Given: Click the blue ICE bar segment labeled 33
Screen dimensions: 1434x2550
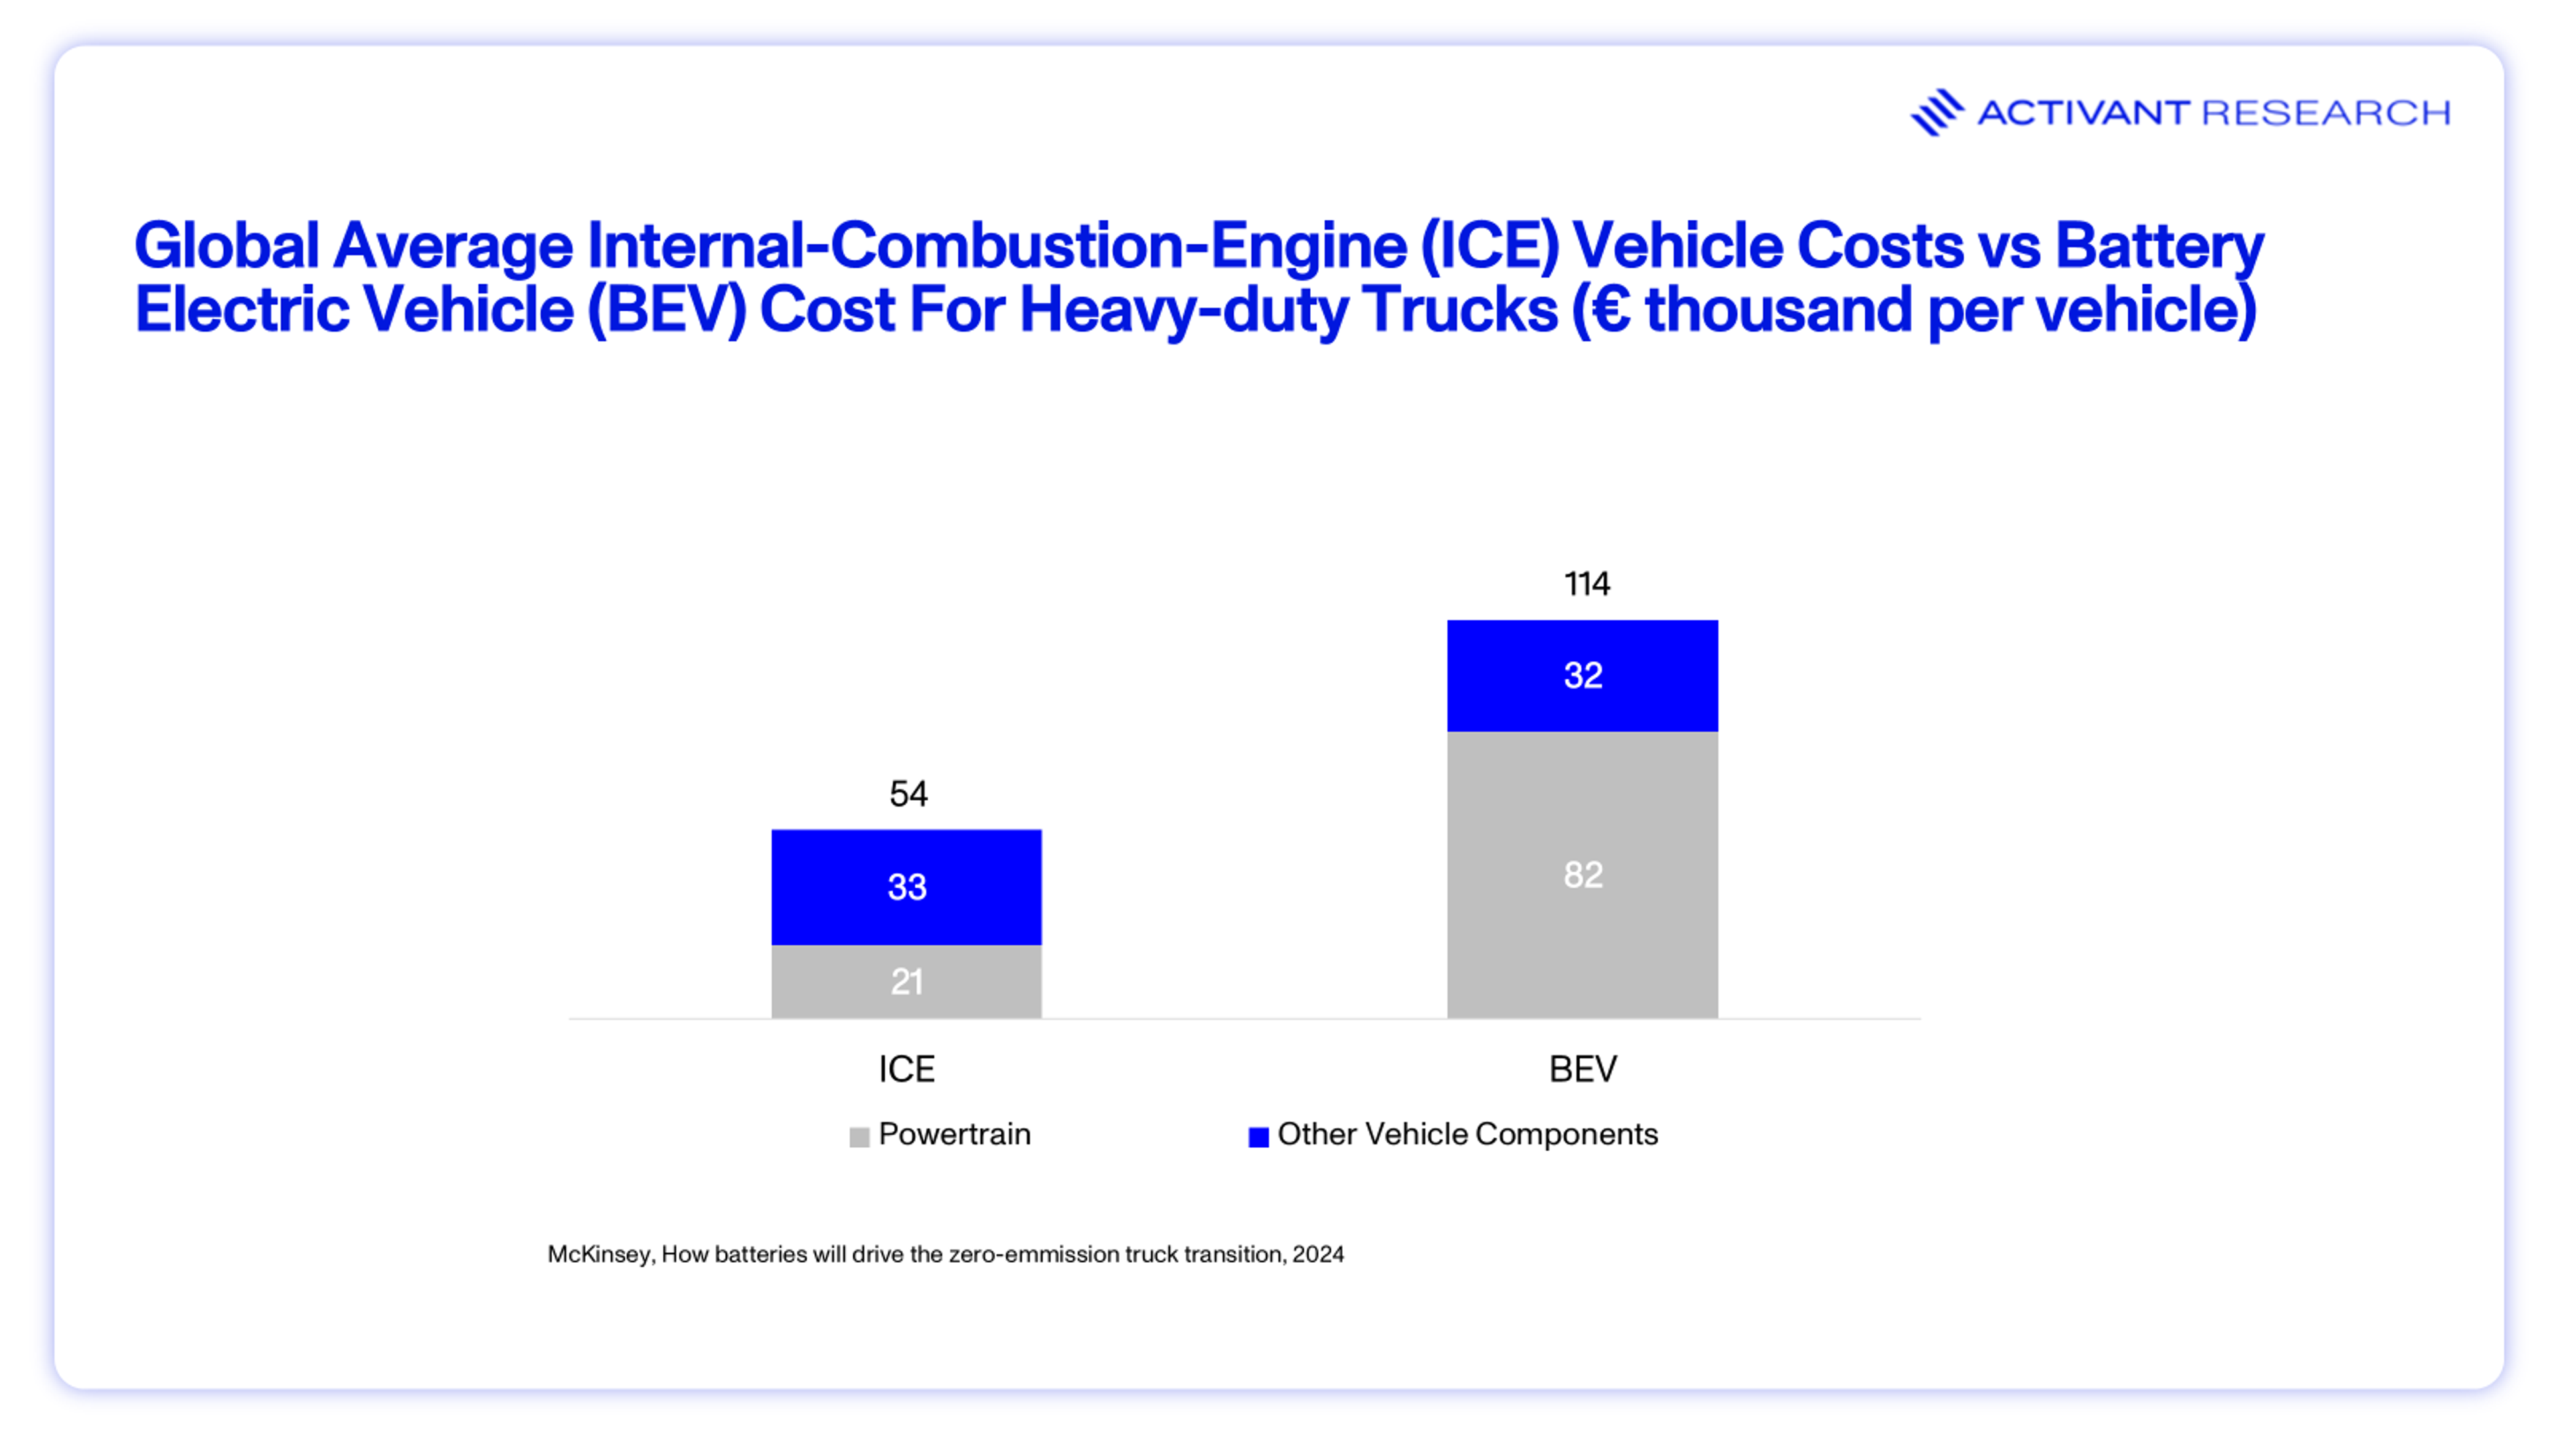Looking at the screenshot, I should click(906, 887).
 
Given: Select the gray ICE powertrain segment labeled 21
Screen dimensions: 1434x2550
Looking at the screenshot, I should click(906, 982).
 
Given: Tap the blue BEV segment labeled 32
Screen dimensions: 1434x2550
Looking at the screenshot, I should click(1582, 675).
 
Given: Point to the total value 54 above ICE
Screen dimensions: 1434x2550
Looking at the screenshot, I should click(908, 794).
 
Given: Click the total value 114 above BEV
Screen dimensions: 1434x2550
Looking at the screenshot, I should click(1586, 584).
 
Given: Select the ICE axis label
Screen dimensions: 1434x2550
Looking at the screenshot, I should click(906, 1069).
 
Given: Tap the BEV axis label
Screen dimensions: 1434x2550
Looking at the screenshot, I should click(1582, 1069).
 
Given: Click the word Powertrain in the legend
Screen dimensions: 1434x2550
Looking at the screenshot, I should click(954, 1134).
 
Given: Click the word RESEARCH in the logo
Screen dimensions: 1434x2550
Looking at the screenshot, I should click(2326, 113).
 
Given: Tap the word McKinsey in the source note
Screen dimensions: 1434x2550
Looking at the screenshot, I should click(599, 1254).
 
